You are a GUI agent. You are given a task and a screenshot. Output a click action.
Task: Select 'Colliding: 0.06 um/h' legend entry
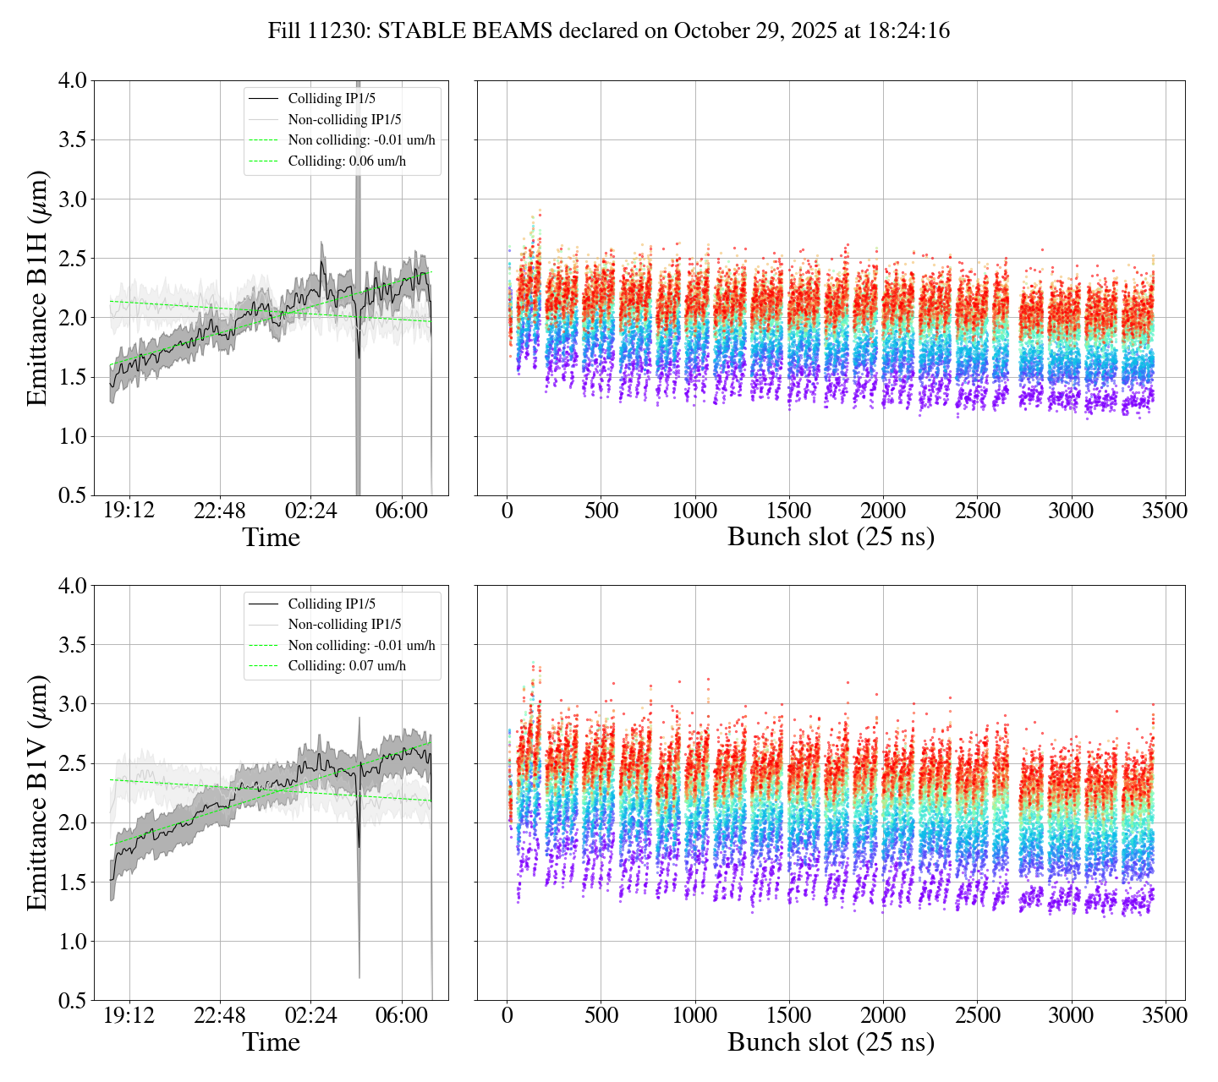347,161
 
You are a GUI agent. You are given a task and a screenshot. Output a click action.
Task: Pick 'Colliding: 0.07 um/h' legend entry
347,666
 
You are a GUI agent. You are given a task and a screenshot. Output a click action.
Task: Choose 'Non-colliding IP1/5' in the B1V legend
344,625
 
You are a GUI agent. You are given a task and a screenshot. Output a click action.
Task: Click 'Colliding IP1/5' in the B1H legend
332,99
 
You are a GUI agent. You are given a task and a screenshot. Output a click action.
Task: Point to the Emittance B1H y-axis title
37,287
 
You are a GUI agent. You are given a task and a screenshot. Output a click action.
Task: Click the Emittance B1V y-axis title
37,793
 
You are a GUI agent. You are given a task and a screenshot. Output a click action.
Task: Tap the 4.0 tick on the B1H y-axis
72,81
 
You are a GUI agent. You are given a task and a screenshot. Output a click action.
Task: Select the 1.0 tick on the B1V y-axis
72,942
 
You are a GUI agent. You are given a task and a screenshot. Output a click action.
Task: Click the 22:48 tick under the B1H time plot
220,511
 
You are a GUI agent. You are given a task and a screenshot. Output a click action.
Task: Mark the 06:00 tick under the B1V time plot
402,1015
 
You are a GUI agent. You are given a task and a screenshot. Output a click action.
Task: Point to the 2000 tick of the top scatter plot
883,511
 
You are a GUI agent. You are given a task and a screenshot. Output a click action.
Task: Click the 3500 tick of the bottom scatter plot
1165,1015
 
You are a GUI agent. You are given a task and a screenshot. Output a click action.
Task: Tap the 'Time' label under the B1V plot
271,1042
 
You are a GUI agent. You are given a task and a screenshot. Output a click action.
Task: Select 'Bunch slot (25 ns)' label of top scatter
831,538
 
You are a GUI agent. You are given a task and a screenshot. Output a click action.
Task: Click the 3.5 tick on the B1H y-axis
72,140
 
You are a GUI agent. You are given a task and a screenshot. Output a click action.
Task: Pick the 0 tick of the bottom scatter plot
507,1015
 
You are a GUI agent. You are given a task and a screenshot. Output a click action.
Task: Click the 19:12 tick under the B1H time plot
129,511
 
